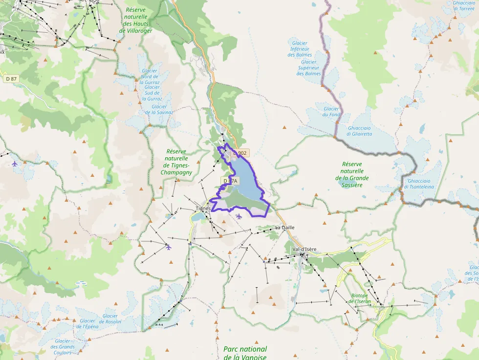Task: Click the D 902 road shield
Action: click(240, 153)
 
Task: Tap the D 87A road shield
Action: click(230, 181)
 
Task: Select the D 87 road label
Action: click(11, 78)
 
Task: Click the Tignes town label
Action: click(203, 208)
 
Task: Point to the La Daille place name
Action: click(285, 228)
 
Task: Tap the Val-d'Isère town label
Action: click(304, 249)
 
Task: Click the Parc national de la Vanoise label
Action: click(245, 353)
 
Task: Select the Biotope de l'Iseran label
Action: click(361, 298)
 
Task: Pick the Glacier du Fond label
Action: click(331, 112)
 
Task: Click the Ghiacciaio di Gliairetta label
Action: click(359, 131)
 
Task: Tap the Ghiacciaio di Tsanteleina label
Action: click(420, 184)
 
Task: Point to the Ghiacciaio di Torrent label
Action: click(464, 5)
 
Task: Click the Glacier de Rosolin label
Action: click(110, 318)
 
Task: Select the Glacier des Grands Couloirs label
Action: click(63, 346)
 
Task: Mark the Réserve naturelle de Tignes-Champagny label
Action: click(176, 162)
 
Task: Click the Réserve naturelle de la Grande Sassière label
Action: click(352, 175)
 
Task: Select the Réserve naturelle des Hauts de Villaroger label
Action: click(135, 20)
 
